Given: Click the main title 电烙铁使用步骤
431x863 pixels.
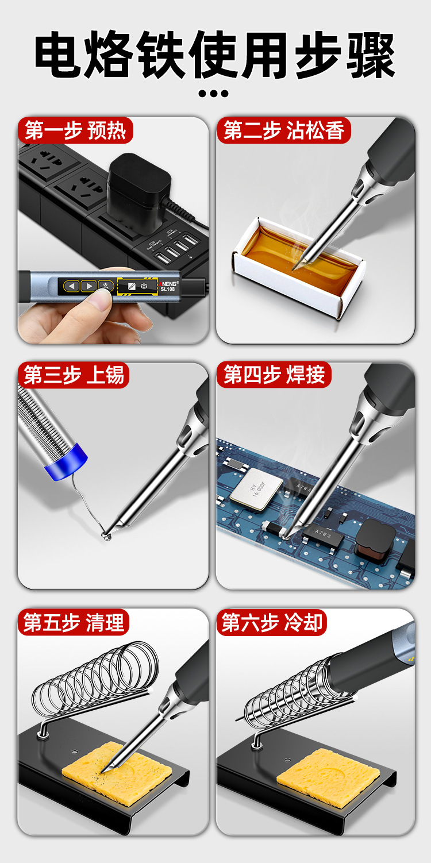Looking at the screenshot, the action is [215, 55].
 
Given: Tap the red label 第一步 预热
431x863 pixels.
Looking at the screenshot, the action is [75, 130].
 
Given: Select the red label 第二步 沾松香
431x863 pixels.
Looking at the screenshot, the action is [284, 130].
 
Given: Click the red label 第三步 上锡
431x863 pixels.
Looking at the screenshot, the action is [74, 375].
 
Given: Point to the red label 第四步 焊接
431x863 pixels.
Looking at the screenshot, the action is [274, 374].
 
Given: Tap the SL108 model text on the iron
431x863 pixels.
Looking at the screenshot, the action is [168, 289].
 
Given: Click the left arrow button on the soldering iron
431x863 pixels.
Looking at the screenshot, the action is [71, 286].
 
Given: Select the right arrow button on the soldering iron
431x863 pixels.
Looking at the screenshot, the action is [88, 286].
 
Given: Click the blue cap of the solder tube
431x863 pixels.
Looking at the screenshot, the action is [67, 463].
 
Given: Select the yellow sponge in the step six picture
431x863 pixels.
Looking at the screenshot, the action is [328, 774].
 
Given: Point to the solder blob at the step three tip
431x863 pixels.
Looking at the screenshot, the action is [105, 535].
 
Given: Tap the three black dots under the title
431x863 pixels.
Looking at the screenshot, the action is [213, 93].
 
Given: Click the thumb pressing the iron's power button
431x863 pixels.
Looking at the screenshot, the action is [101, 299].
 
